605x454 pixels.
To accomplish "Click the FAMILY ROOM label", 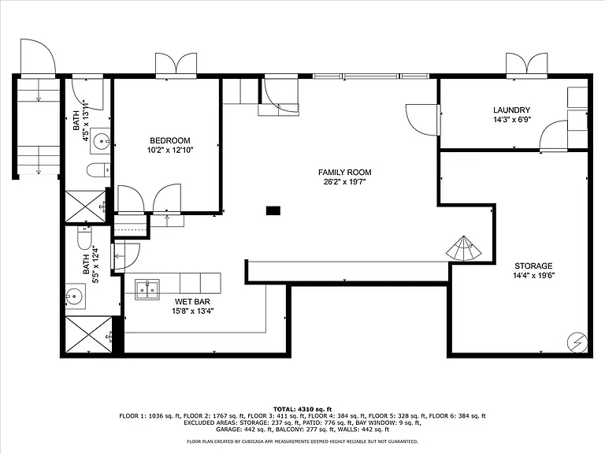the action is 344,173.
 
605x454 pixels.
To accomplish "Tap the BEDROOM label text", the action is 170,140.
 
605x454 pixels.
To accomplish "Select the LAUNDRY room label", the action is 511,110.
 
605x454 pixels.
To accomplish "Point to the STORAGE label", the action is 533,266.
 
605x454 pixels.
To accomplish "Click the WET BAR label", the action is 192,302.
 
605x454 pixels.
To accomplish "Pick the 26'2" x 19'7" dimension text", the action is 344,182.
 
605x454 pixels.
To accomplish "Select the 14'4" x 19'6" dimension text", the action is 533,276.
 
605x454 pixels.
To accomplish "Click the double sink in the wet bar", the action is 147,289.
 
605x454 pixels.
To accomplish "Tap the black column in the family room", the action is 273,210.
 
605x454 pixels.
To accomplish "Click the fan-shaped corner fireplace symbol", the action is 464,249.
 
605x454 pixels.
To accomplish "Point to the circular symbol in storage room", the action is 577,342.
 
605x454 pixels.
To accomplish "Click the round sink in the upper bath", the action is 102,141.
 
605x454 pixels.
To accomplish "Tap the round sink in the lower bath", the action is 74,297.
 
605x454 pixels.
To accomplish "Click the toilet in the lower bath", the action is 84,238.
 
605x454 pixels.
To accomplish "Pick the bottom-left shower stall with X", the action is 89,334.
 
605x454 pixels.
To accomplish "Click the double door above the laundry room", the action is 527,65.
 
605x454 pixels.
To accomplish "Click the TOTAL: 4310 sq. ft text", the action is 302,409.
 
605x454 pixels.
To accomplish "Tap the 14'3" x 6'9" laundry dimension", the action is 512,120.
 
